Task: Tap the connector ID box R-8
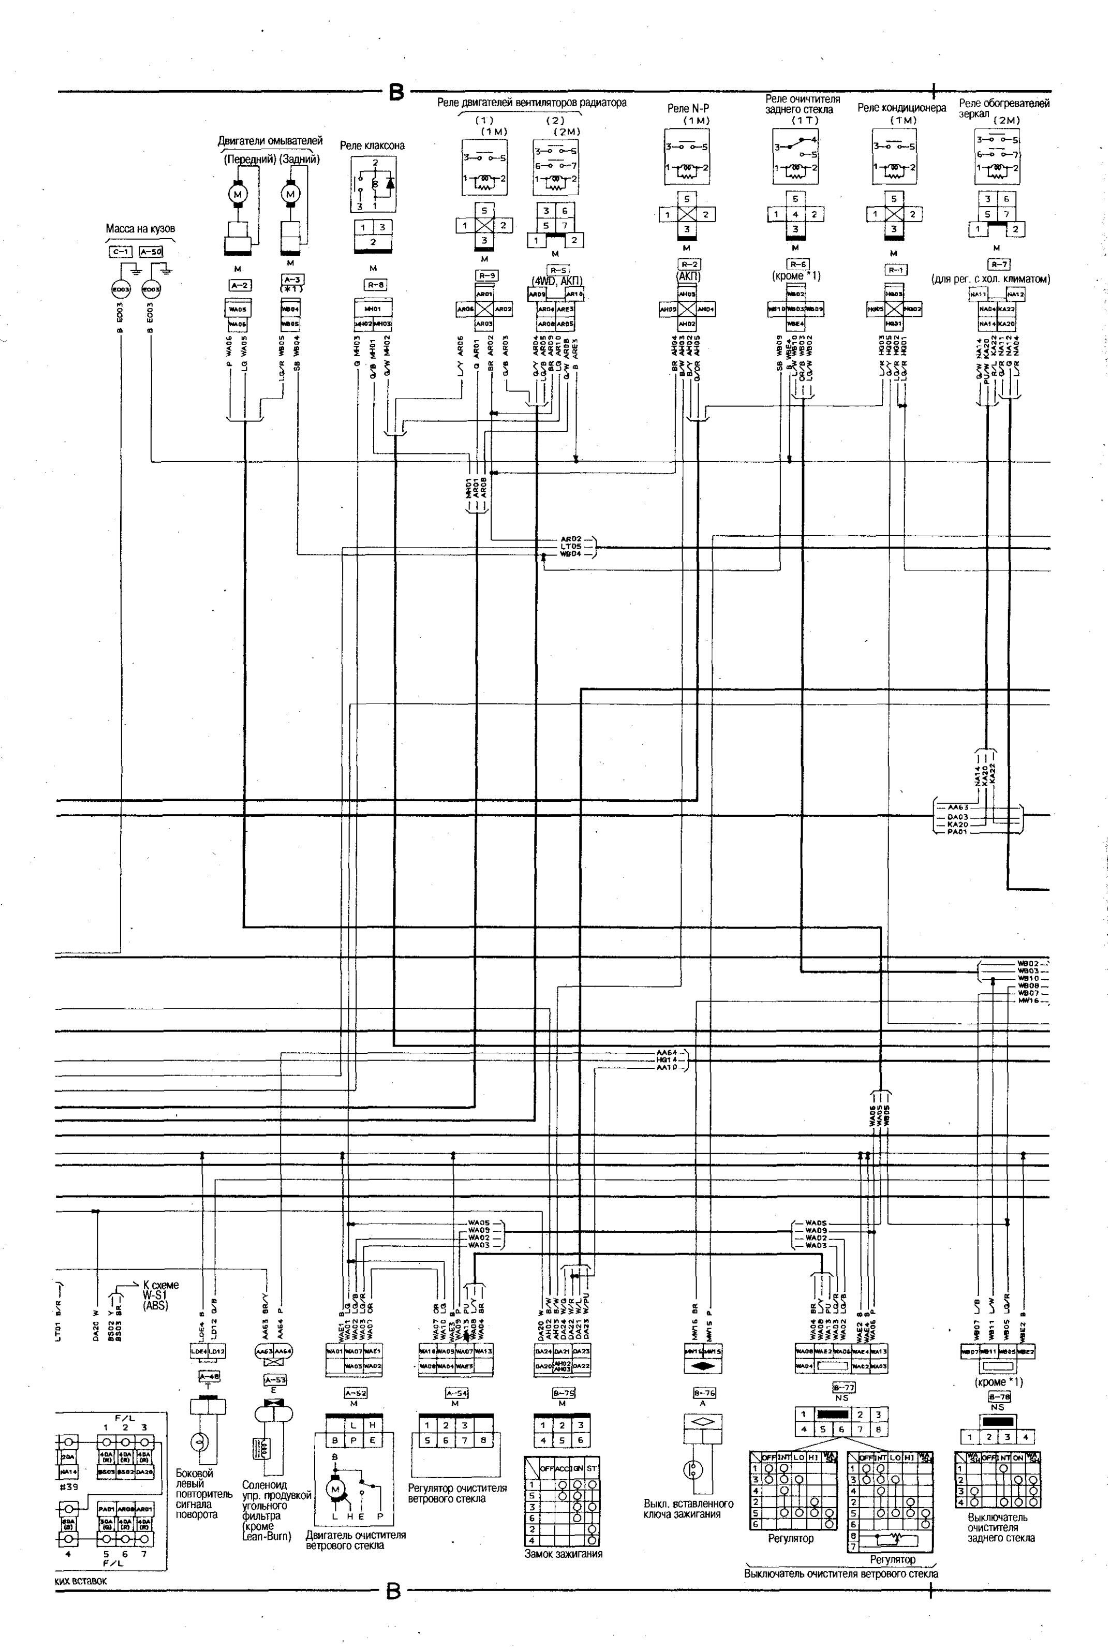pyautogui.click(x=374, y=285)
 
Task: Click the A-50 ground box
pyautogui.click(x=151, y=252)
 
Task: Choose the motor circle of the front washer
pyautogui.click(x=238, y=194)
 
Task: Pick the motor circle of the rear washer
pyautogui.click(x=290, y=194)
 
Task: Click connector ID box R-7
pyautogui.click(x=998, y=265)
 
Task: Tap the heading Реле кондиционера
pyautogui.click(x=901, y=108)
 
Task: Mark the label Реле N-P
pyautogui.click(x=688, y=109)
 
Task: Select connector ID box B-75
pyautogui.click(x=563, y=1393)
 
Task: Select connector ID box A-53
pyautogui.click(x=275, y=1379)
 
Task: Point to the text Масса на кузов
pyautogui.click(x=140, y=229)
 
